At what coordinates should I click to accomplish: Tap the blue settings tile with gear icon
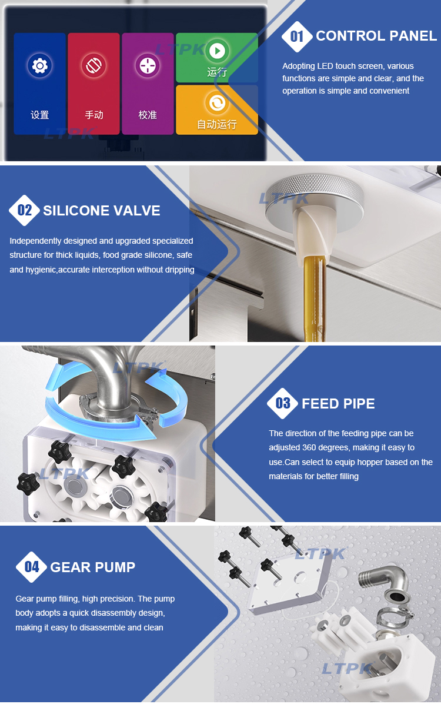click(40, 84)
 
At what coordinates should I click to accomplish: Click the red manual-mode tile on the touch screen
click(93, 84)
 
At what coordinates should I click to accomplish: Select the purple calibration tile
click(148, 84)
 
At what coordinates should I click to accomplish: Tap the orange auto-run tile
click(217, 110)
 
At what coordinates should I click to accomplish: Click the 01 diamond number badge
click(296, 36)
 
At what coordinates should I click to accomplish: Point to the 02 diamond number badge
click(24, 210)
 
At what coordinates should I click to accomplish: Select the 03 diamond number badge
click(283, 403)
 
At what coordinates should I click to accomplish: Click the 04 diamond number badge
click(31, 567)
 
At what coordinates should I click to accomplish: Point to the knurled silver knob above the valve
click(314, 198)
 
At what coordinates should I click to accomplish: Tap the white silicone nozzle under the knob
click(315, 237)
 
